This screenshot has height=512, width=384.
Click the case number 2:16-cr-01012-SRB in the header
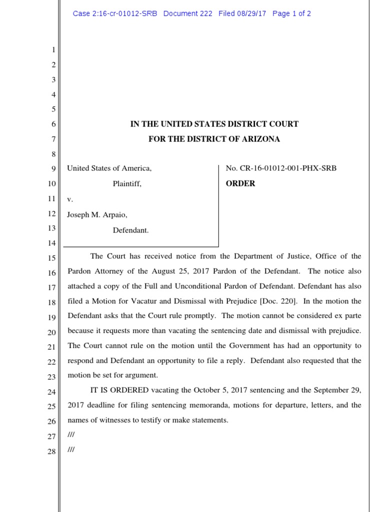115,13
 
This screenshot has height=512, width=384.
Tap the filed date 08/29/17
251,13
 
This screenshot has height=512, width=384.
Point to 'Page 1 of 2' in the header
291,13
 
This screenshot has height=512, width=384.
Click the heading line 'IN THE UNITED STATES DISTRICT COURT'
214,124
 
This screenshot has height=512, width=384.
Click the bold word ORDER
240,183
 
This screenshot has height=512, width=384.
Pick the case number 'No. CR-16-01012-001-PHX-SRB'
281,168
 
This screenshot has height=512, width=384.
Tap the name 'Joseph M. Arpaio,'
97,214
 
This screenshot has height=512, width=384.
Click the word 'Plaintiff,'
127,183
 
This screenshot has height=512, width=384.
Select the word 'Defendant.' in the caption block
130,230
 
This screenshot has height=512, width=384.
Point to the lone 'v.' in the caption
70,199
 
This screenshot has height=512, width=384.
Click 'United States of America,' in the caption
109,168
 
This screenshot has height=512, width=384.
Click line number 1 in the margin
53,50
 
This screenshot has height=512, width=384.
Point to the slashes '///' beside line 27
71,435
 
